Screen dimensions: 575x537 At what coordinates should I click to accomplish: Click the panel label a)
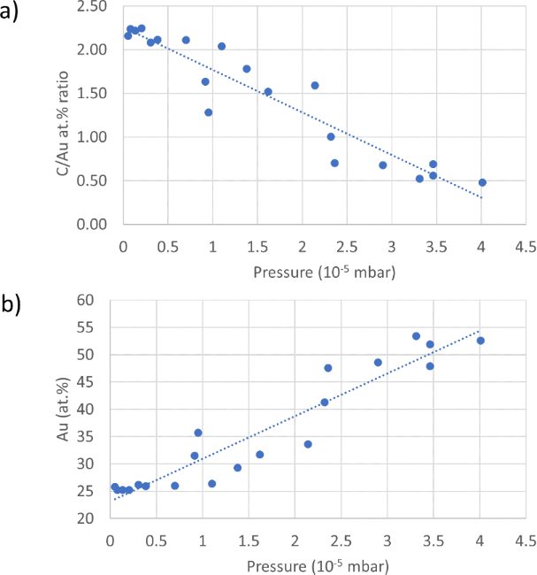15,15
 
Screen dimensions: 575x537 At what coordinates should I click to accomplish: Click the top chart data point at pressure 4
482,182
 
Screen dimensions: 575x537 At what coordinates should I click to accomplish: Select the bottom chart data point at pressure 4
480,341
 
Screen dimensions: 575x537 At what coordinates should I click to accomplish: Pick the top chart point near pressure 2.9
383,165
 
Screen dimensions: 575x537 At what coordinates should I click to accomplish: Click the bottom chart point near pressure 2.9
378,363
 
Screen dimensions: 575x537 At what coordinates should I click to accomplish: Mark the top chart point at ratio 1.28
209,112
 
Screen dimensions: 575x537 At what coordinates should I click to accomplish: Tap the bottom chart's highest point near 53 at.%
417,336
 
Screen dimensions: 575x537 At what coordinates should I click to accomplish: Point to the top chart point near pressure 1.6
268,91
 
